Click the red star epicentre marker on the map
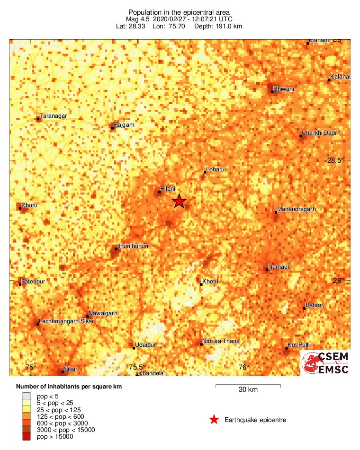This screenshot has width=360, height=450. click(x=179, y=201)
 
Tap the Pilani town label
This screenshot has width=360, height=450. click(x=168, y=189)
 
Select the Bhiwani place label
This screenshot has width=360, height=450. click(x=284, y=88)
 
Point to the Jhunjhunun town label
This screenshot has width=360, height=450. click(x=133, y=246)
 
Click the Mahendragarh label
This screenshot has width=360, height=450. click(x=297, y=209)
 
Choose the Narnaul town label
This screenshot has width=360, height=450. click(x=279, y=267)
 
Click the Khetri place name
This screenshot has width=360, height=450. click(x=210, y=282)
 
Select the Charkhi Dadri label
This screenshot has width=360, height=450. click(x=321, y=133)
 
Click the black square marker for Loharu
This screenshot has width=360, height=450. click(x=205, y=172)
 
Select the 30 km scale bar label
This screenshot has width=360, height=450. click(x=248, y=390)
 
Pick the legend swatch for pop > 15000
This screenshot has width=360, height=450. click(x=27, y=437)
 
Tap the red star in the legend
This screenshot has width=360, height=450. click(x=214, y=420)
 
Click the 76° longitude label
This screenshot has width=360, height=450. click(x=243, y=367)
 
